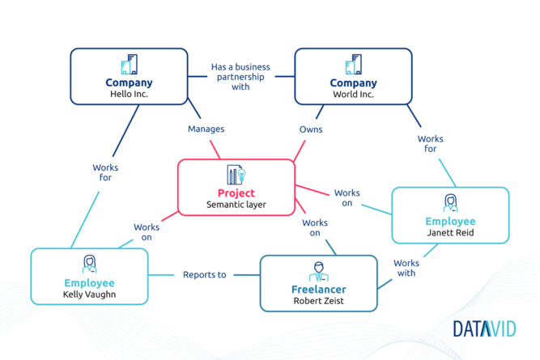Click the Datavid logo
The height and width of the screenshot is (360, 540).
485,328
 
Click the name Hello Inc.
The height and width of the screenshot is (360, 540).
130,94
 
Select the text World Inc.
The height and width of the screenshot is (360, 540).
353,95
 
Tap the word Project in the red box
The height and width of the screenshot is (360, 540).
236,193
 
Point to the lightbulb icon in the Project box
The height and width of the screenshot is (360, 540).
241,174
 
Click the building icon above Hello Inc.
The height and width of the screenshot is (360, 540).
130,64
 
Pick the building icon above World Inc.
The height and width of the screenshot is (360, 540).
353,64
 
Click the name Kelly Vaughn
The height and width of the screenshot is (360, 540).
90,294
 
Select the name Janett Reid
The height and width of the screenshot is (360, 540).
450,233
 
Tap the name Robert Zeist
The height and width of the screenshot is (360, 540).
318,301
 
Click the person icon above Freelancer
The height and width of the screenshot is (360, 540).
318,272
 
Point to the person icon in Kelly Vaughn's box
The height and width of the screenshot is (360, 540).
90,265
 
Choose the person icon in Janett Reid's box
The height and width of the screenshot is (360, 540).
450,203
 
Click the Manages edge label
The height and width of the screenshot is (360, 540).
206,129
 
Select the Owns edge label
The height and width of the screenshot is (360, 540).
311,129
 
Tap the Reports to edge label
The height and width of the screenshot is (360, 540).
205,274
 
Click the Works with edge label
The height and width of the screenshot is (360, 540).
406,268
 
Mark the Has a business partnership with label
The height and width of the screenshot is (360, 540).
240,77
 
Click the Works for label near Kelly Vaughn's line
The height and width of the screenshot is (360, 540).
105,172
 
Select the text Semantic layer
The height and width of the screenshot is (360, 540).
236,205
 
